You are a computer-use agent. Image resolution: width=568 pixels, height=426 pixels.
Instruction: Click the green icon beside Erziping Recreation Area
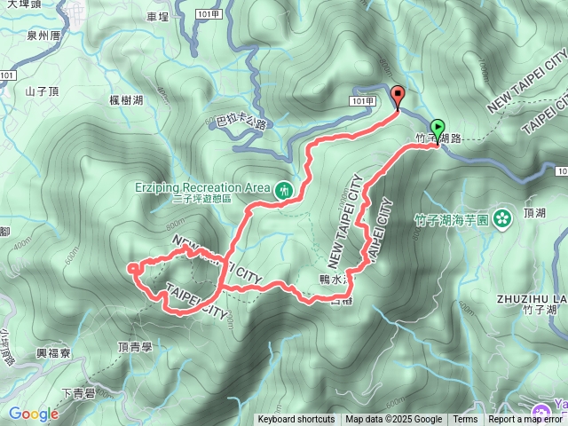(x=283, y=188)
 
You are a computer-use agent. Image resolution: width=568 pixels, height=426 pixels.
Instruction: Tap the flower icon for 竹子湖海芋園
(x=502, y=217)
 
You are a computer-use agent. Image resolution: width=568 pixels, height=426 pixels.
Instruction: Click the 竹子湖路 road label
(x=438, y=138)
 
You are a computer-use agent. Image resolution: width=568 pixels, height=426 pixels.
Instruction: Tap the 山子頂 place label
(x=41, y=91)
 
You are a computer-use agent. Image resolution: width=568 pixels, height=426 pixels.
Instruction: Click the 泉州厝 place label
(x=43, y=36)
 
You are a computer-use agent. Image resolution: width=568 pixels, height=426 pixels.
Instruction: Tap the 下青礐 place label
(x=79, y=393)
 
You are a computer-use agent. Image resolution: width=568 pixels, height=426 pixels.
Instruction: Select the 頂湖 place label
(x=535, y=213)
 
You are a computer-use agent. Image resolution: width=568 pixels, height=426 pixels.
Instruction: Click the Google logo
(x=34, y=414)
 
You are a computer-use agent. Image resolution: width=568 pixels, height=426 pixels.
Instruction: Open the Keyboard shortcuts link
(x=296, y=420)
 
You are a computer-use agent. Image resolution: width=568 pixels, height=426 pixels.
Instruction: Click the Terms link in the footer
(x=465, y=420)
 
